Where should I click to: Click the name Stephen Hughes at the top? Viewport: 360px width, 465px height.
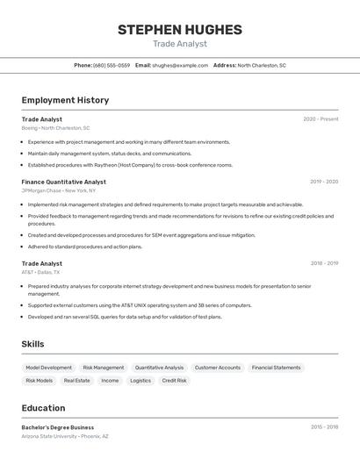179,30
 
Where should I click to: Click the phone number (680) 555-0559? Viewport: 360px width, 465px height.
112,65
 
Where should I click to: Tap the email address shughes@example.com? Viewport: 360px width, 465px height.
174,65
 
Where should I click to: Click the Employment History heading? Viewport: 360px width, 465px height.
65,100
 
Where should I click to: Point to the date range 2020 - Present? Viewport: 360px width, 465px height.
320,119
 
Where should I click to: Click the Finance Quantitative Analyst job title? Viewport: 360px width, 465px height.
63,182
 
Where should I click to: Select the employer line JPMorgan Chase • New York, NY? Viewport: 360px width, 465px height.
59,190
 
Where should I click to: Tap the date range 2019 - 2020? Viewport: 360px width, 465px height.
323,182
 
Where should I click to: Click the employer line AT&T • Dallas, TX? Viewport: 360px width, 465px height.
41,272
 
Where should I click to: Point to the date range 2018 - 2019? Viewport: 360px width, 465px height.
323,263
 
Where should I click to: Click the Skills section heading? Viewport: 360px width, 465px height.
33,344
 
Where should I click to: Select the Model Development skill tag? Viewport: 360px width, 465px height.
48,368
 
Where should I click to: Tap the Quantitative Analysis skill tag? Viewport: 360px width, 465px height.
159,368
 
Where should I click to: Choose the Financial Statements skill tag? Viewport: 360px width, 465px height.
276,368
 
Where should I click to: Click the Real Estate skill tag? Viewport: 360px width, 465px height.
76,381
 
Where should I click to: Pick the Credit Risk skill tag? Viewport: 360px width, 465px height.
174,381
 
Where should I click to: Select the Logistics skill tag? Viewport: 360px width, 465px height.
140,381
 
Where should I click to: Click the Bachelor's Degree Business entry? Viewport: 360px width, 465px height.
58,427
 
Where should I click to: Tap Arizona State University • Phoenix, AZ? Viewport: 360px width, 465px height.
65,436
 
